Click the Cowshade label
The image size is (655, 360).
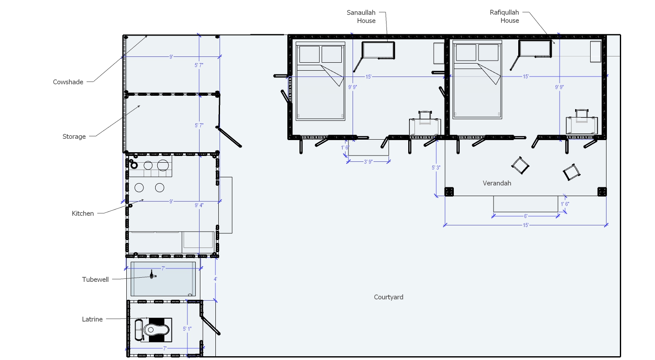pyautogui.click(x=68, y=82)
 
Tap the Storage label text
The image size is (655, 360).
pyautogui.click(x=74, y=136)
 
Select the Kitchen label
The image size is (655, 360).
pyautogui.click(x=83, y=214)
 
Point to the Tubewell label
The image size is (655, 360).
pyautogui.click(x=95, y=280)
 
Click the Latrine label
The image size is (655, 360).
pyautogui.click(x=92, y=319)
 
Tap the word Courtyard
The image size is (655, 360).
pyautogui.click(x=389, y=297)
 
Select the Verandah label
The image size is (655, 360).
pyautogui.click(x=497, y=183)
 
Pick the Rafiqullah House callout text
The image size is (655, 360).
pyautogui.click(x=505, y=16)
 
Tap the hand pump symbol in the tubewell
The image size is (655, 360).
pyautogui.click(x=152, y=275)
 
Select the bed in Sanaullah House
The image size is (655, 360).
pyautogui.click(x=320, y=81)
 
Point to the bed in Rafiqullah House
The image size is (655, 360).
pyautogui.click(x=477, y=79)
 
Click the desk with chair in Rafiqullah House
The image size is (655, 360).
pyautogui.click(x=582, y=122)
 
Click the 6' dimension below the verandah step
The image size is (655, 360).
pyautogui.click(x=526, y=216)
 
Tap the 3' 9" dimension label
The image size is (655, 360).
pyautogui.click(x=368, y=161)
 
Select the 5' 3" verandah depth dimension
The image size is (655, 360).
pyautogui.click(x=436, y=168)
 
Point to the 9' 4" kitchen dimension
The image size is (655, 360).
pyautogui.click(x=199, y=205)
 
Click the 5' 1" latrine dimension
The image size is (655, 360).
pyautogui.click(x=187, y=329)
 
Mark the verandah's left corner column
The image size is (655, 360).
pyautogui.click(x=449, y=191)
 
